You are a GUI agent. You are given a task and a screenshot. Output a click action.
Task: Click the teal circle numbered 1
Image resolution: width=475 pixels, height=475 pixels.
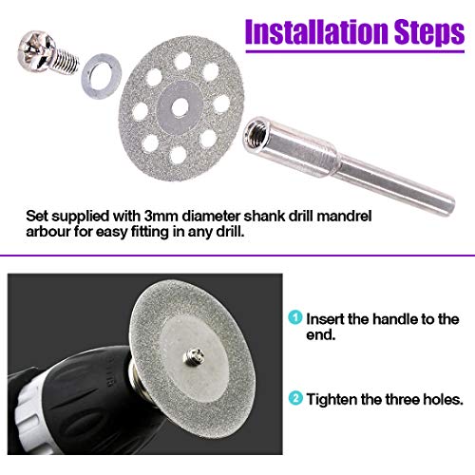[297, 319]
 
